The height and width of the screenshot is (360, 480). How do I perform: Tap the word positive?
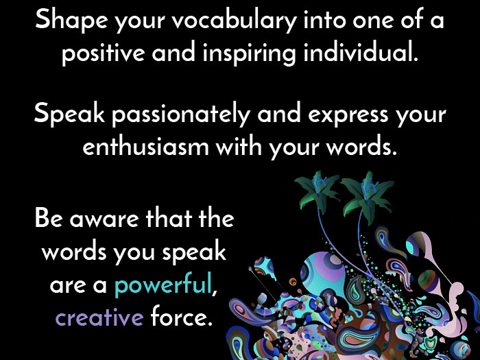pyautogui.click(x=103, y=53)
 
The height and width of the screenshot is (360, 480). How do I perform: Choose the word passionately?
pyautogui.click(x=180, y=115)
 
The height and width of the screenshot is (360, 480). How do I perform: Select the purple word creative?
pyautogui.click(x=99, y=317)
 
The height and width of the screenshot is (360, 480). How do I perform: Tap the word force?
pyautogui.click(x=181, y=315)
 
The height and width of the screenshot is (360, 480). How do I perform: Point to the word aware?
pyautogui.click(x=104, y=220)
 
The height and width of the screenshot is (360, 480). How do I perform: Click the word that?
pyautogui.click(x=169, y=217)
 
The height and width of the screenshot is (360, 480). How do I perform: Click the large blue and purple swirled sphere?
pyautogui.click(x=323, y=274)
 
